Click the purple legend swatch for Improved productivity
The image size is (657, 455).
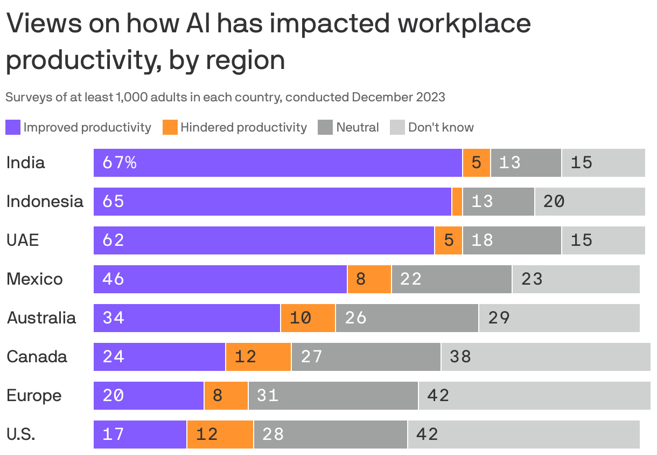(13, 127)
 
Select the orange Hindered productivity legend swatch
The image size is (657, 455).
(170, 127)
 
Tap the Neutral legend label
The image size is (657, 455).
(357, 127)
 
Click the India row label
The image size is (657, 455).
(26, 163)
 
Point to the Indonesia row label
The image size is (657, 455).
(45, 202)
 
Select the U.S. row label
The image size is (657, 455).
(21, 435)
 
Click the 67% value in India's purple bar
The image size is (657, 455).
(120, 163)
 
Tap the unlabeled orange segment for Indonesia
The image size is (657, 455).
(457, 202)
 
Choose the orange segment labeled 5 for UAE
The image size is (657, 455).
(449, 240)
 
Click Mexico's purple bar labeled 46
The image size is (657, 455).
(220, 279)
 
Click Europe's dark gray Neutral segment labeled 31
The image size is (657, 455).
(333, 396)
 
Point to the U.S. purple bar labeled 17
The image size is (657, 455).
(140, 435)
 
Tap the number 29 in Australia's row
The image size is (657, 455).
(499, 318)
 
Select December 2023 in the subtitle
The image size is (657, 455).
(398, 97)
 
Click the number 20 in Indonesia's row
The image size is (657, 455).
(554, 202)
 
